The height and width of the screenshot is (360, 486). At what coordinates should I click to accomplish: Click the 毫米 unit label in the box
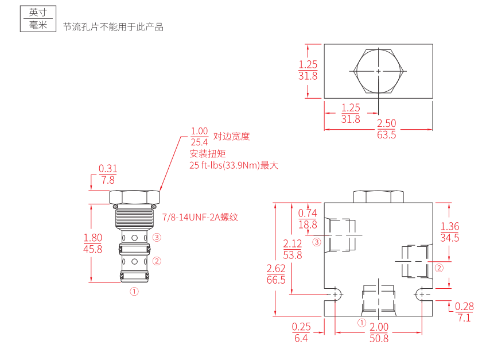(38, 25)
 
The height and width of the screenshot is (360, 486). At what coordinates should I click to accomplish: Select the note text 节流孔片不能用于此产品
(113, 27)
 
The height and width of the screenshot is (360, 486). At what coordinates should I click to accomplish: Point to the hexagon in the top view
(379, 71)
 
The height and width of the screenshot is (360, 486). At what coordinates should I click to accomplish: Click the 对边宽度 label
(232, 137)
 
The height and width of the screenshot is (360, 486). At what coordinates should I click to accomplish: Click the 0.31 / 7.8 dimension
(108, 174)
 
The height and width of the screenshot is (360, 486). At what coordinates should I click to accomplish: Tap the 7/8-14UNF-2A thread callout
(200, 218)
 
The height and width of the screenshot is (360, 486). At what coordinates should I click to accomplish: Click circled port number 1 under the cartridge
(134, 291)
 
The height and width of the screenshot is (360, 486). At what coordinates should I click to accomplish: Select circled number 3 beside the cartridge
(157, 237)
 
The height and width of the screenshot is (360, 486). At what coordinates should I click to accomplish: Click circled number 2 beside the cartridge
(157, 261)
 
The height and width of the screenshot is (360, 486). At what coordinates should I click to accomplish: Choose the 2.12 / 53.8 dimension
(293, 250)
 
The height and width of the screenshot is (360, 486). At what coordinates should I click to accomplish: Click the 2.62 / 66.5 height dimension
(276, 274)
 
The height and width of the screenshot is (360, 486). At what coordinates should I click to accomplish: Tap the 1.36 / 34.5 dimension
(450, 232)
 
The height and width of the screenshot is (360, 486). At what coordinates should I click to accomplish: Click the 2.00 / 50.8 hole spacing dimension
(379, 332)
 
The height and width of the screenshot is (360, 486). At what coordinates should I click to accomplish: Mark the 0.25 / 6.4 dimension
(301, 332)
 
